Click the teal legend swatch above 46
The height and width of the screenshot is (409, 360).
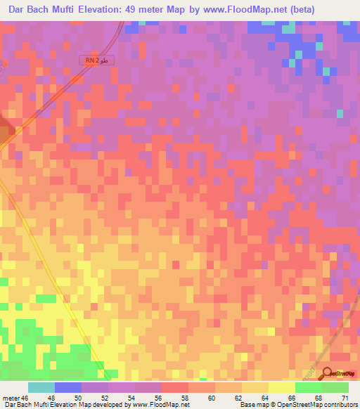click(41, 387)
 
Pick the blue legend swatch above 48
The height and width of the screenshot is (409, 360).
click(68, 387)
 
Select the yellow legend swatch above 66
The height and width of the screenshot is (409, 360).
click(282, 387)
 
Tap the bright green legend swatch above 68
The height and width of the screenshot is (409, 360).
click(309, 387)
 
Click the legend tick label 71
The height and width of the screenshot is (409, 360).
click(345, 397)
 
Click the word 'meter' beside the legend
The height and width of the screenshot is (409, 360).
click(11, 397)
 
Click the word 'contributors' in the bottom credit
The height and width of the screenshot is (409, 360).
click(339, 405)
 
